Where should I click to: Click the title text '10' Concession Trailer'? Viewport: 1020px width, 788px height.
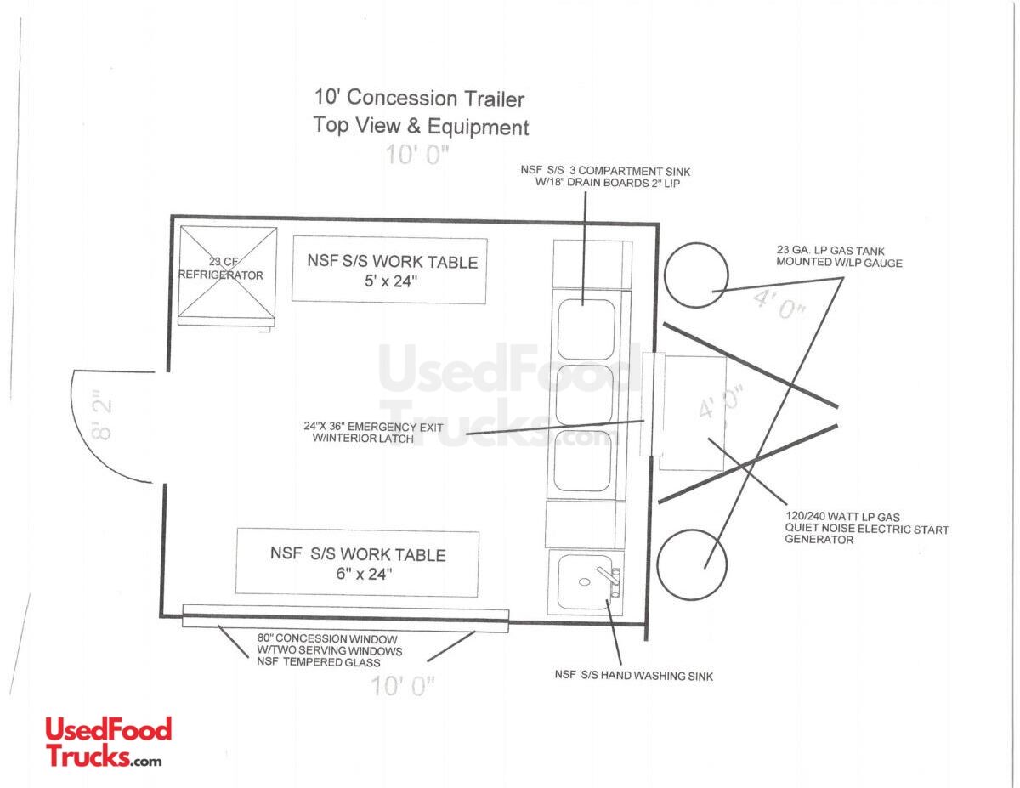point(419,99)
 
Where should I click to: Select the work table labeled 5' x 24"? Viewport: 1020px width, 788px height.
point(389,269)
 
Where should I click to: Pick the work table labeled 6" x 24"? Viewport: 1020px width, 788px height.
point(357,563)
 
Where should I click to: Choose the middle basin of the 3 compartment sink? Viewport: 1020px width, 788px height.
point(585,395)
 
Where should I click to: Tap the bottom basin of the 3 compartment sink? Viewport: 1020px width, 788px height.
point(583,461)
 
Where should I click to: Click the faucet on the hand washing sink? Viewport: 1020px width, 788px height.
point(609,579)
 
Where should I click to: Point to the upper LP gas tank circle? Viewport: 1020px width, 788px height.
point(696,275)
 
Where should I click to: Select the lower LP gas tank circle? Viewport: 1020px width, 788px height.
point(691,564)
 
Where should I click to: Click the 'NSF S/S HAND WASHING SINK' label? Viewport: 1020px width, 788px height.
point(634,675)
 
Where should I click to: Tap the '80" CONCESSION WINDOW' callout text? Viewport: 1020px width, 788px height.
point(327,638)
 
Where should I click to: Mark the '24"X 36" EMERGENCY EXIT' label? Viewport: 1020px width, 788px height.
point(373,427)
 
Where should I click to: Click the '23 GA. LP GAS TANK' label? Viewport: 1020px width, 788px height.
point(830,251)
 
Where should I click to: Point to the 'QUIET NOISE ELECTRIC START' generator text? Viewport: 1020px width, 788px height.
point(866,529)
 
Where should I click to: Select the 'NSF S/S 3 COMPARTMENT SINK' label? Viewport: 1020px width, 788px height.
point(605,171)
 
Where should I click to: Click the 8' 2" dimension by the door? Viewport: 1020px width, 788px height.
point(101,415)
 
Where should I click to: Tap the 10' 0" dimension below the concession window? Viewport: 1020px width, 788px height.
point(404,686)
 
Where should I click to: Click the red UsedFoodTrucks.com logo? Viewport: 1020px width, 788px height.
point(109,743)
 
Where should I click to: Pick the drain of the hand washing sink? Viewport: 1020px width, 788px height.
point(585,582)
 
